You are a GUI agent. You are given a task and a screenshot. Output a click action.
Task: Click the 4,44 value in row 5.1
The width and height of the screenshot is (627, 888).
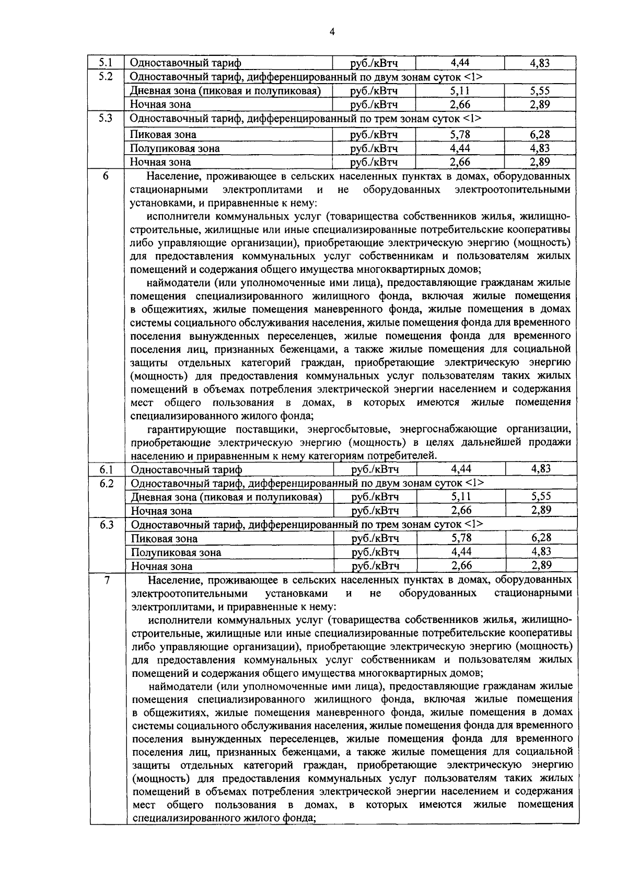(459, 63)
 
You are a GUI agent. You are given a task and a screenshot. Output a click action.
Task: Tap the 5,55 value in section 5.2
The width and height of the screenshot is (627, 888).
(540, 90)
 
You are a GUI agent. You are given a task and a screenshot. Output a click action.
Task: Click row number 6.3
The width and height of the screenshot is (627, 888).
(107, 524)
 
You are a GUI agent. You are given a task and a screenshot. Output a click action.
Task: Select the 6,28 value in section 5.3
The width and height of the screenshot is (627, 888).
(540, 134)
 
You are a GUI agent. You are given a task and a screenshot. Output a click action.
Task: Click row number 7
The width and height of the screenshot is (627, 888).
(107, 580)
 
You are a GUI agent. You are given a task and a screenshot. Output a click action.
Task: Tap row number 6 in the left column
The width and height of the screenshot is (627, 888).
(106, 176)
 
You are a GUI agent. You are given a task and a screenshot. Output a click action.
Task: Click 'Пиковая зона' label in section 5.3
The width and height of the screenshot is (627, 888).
(163, 135)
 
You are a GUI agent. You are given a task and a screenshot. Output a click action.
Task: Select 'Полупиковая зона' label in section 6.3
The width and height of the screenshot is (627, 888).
(176, 552)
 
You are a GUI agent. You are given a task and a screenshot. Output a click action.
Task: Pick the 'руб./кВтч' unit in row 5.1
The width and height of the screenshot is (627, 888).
(374, 63)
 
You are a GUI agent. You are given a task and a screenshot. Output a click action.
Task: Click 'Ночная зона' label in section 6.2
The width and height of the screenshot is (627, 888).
(161, 511)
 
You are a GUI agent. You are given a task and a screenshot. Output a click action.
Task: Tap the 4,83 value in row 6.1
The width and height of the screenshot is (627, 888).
(541, 469)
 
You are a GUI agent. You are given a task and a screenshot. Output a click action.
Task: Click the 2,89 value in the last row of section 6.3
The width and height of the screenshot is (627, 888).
(541, 565)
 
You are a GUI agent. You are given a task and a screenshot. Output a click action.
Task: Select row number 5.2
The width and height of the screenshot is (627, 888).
(106, 76)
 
